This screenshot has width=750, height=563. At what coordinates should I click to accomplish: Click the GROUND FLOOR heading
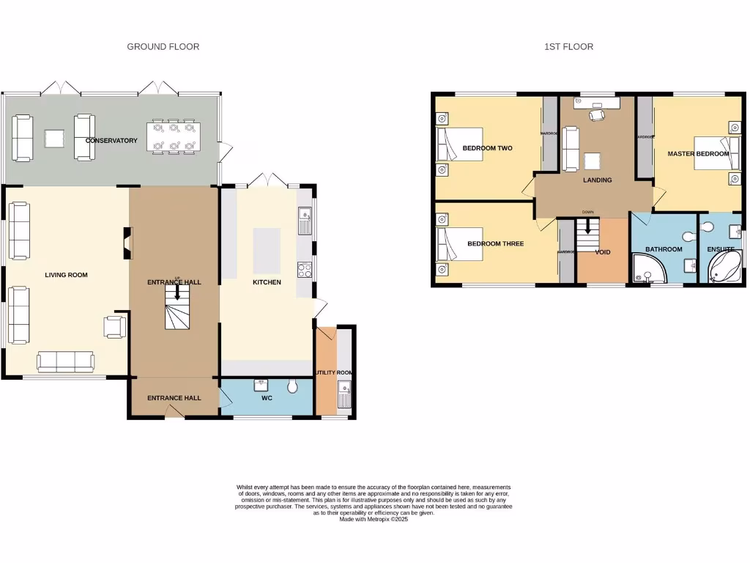click(x=163, y=46)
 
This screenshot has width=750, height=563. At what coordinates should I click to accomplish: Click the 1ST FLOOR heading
click(x=568, y=46)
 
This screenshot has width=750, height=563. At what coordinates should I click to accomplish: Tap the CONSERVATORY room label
click(x=111, y=140)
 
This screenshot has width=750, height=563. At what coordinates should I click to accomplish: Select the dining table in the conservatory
click(x=173, y=138)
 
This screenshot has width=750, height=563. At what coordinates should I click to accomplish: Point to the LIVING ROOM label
click(x=66, y=275)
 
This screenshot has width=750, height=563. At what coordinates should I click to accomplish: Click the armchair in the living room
click(x=116, y=326)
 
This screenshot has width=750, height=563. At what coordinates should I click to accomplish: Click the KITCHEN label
click(x=267, y=282)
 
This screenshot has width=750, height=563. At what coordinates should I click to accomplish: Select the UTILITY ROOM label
click(x=334, y=372)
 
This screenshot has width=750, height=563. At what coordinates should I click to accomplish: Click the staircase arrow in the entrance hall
click(x=177, y=292)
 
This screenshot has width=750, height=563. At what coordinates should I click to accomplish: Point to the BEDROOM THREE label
click(x=495, y=243)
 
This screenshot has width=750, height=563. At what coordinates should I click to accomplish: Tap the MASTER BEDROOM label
click(x=698, y=154)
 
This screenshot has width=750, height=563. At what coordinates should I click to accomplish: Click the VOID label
click(x=602, y=251)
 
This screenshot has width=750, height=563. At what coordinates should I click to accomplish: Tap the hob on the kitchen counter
click(x=305, y=270)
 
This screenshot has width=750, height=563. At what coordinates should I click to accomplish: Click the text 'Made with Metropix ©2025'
click(x=374, y=519)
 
